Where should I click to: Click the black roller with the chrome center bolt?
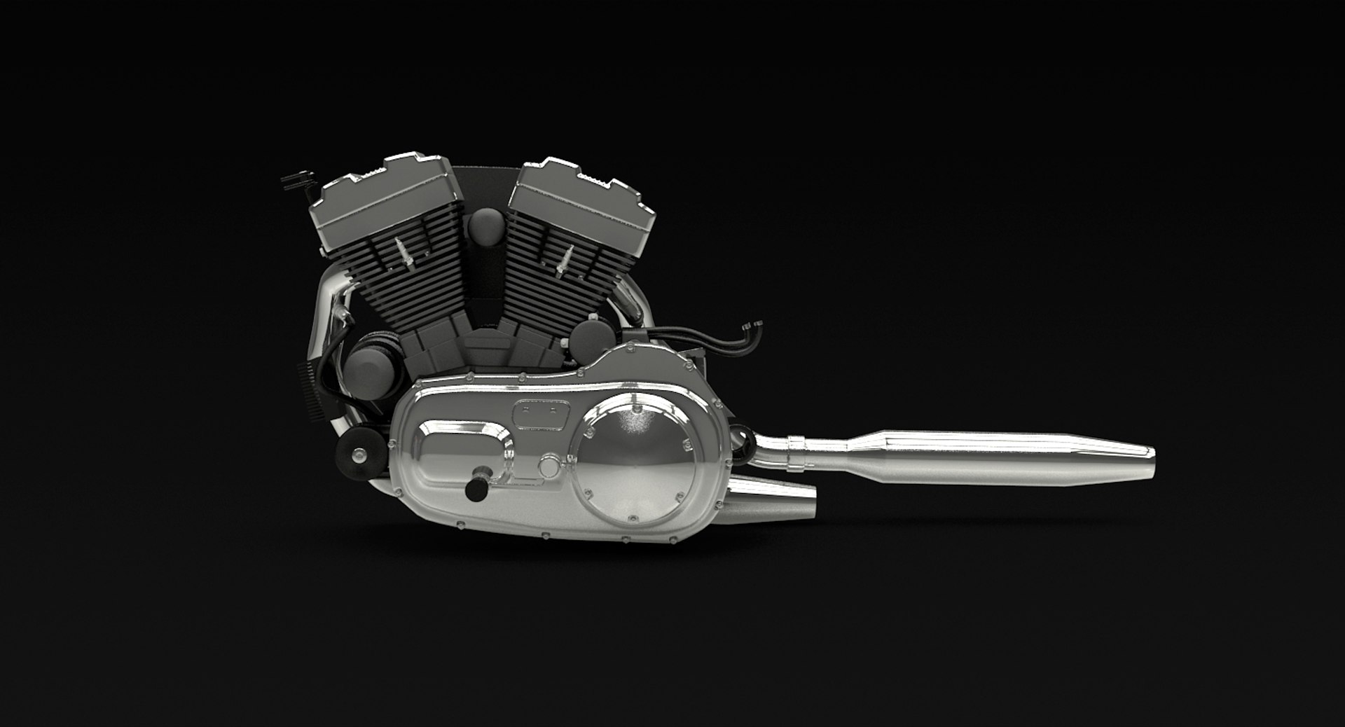point(359,456)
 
